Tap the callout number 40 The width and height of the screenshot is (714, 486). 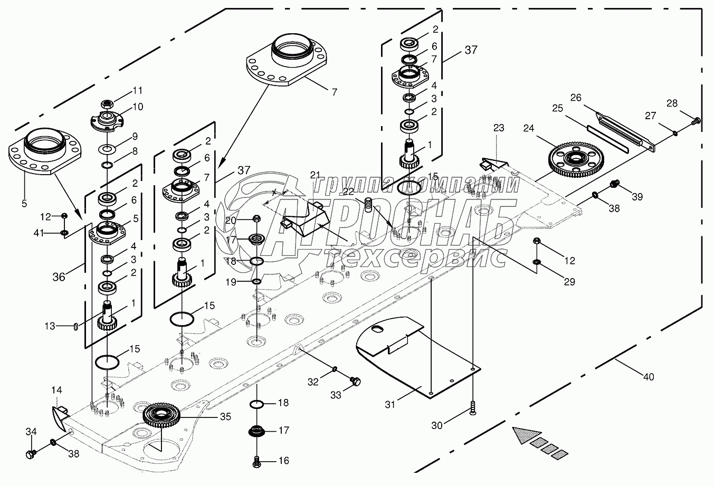click(x=649, y=377)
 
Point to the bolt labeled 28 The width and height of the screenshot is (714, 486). click(x=696, y=121)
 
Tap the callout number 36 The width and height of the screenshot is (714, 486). click(x=59, y=276)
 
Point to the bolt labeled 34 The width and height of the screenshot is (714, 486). click(x=31, y=453)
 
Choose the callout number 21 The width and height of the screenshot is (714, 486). click(x=315, y=175)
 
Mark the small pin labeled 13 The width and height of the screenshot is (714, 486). click(x=76, y=326)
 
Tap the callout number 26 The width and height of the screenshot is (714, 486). click(x=576, y=98)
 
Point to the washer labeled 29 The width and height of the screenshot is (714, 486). click(x=537, y=262)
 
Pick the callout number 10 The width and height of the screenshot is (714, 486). click(x=137, y=107)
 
